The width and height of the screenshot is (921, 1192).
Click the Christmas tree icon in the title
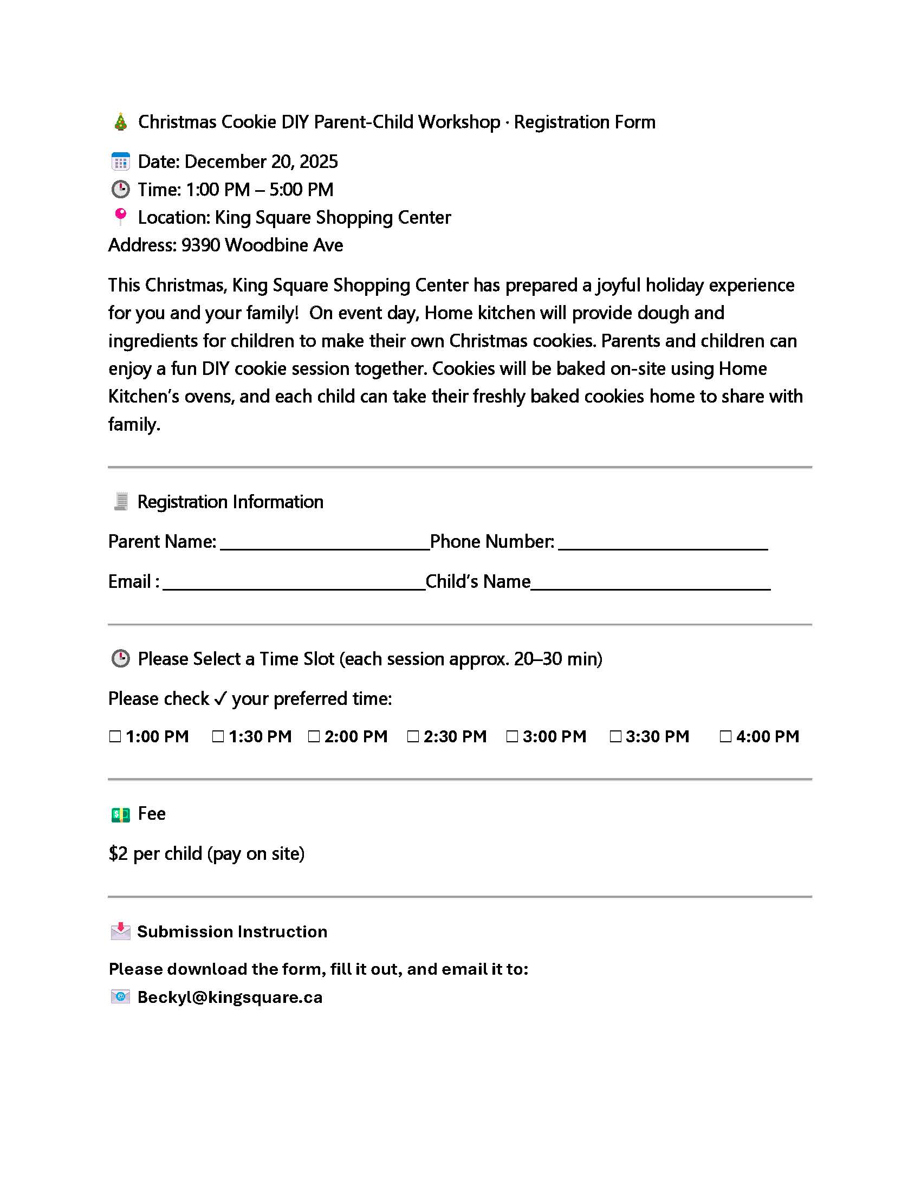(x=121, y=122)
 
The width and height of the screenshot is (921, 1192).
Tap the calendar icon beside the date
(x=121, y=161)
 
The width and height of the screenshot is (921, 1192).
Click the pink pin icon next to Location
(x=121, y=217)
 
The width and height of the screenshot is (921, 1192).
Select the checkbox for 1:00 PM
(x=115, y=737)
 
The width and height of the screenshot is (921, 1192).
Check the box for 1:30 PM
(x=218, y=737)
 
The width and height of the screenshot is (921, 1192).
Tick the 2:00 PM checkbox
(x=314, y=737)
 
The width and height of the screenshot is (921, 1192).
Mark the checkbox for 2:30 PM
(x=413, y=737)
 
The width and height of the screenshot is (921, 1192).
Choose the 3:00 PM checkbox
(x=512, y=737)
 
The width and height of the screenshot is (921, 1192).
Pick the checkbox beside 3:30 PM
(x=615, y=737)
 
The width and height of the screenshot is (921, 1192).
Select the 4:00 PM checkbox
(x=725, y=737)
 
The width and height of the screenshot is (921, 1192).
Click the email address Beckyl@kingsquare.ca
(x=230, y=997)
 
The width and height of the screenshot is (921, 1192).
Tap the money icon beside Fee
(x=121, y=815)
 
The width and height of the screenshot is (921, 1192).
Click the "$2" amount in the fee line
(x=118, y=853)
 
